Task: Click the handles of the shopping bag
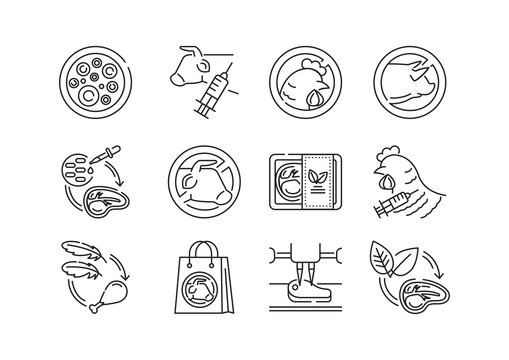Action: pos(197,253)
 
